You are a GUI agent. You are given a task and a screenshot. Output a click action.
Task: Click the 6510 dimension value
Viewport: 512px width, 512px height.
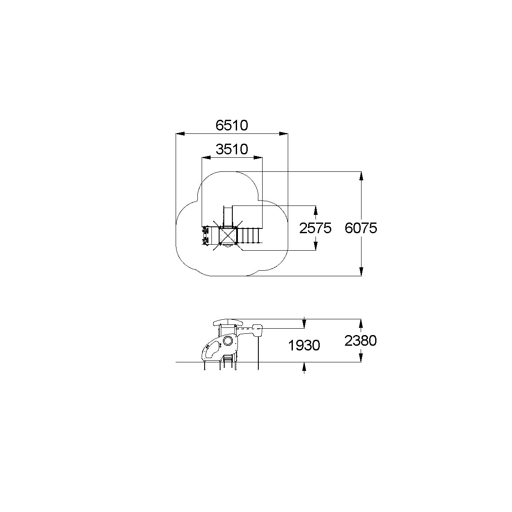(231, 125)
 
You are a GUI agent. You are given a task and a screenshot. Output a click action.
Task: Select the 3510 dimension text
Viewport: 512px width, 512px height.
(231, 149)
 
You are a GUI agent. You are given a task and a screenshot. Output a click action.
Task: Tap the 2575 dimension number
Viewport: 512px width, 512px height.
(315, 228)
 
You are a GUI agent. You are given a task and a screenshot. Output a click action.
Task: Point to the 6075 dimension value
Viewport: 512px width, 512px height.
(361, 228)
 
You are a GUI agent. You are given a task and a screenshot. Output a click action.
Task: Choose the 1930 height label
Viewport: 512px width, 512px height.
(304, 345)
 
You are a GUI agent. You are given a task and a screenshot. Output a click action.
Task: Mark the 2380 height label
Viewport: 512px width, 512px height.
(361, 341)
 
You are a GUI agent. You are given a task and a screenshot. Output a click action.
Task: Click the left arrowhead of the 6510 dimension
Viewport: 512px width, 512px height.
(180, 133)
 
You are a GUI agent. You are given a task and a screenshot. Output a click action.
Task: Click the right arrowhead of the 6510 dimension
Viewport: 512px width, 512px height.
(283, 133)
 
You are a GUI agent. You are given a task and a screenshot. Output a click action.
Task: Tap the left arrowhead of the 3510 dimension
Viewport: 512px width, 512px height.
(206, 158)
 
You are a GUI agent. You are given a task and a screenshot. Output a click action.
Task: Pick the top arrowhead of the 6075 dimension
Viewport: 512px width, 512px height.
(361, 176)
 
